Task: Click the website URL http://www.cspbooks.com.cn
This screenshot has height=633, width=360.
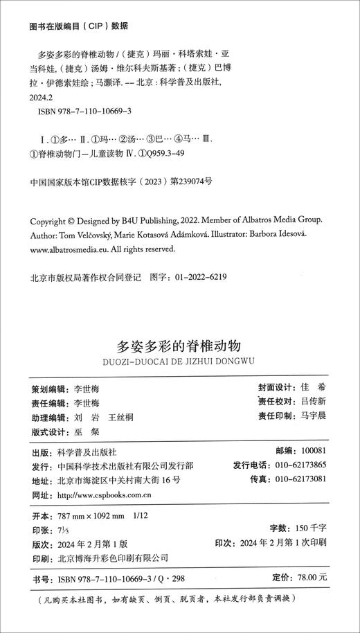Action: tap(112, 496)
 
